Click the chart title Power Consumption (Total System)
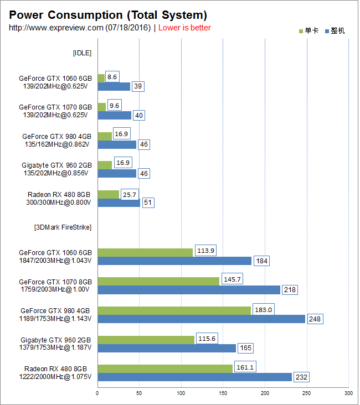(108, 15)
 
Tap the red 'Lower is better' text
(184, 28)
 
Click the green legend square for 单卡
(301, 31)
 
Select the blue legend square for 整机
(327, 31)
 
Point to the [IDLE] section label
(82, 53)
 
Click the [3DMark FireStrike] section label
(63, 227)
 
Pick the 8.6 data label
(112, 77)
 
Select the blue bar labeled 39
(114, 87)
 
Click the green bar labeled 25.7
(108, 194)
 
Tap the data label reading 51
(148, 203)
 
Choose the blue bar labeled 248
(201, 319)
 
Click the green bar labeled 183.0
(174, 310)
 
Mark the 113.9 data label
(205, 251)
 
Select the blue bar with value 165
(166, 348)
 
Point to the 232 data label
(302, 377)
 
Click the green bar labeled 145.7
(158, 281)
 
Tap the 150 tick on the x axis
(223, 393)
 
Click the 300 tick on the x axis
(348, 393)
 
